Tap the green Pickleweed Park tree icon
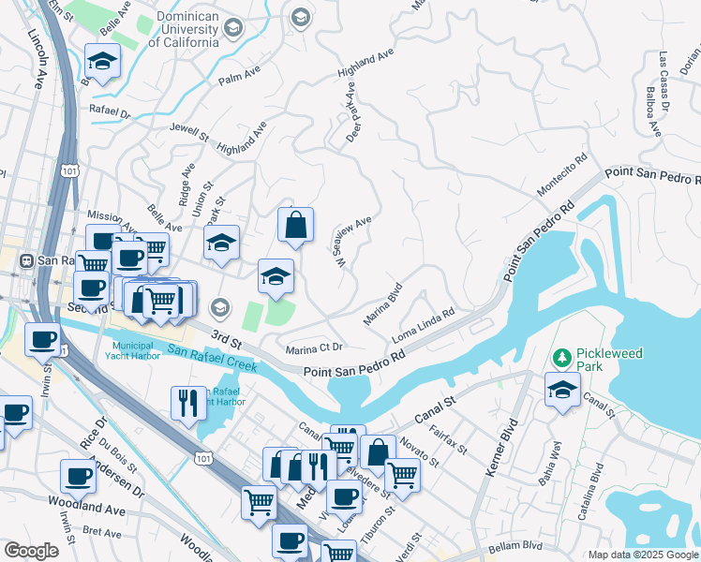tap(562, 358)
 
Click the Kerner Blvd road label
tap(501, 450)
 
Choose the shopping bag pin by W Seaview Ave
tap(295, 226)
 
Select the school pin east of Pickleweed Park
tap(562, 391)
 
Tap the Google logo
tap(31, 551)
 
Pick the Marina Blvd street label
tap(382, 303)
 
